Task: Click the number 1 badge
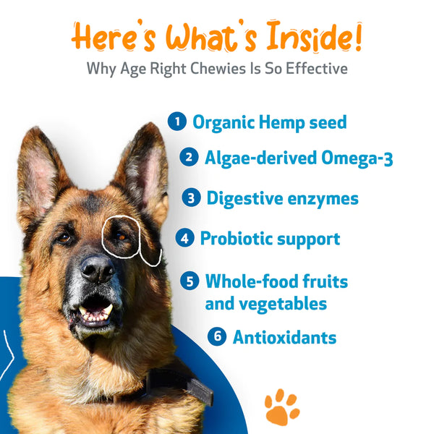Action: (x=177, y=122)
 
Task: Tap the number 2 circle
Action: (x=190, y=157)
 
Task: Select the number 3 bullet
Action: (x=191, y=197)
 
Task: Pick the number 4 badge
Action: (x=184, y=238)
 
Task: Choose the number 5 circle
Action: (x=190, y=281)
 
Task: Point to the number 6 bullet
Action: (x=217, y=336)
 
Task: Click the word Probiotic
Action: (x=236, y=238)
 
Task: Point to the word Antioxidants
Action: (x=284, y=337)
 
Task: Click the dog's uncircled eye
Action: (x=64, y=237)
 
